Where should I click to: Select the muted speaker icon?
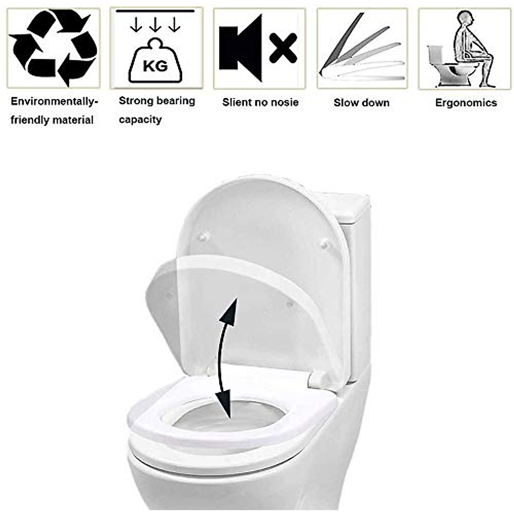point(240,48)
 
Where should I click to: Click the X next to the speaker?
point(283,48)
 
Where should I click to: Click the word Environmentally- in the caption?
point(54,102)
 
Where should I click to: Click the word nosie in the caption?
point(284,102)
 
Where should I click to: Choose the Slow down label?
point(362,103)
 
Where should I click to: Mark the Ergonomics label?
point(466,103)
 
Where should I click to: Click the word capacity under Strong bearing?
point(140,120)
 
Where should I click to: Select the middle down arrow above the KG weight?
point(155,26)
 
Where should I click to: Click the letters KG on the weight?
point(155,66)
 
